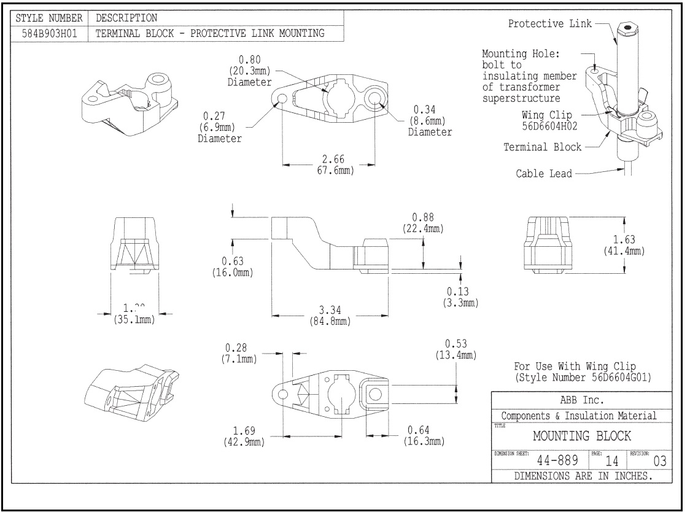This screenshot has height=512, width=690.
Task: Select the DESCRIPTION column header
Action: pyautogui.click(x=126, y=17)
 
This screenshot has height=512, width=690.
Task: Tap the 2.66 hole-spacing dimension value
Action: pyautogui.click(x=328, y=160)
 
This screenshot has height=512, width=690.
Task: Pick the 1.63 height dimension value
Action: pyautogui.click(x=623, y=239)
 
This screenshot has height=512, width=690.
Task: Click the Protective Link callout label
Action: pyautogui.click(x=550, y=24)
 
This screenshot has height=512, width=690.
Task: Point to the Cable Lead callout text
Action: pyautogui.click(x=543, y=174)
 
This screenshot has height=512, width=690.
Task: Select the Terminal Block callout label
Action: pyautogui.click(x=542, y=147)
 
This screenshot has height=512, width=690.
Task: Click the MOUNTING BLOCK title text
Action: pyautogui.click(x=581, y=436)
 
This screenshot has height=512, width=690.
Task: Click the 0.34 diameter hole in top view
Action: pyautogui.click(x=374, y=98)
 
